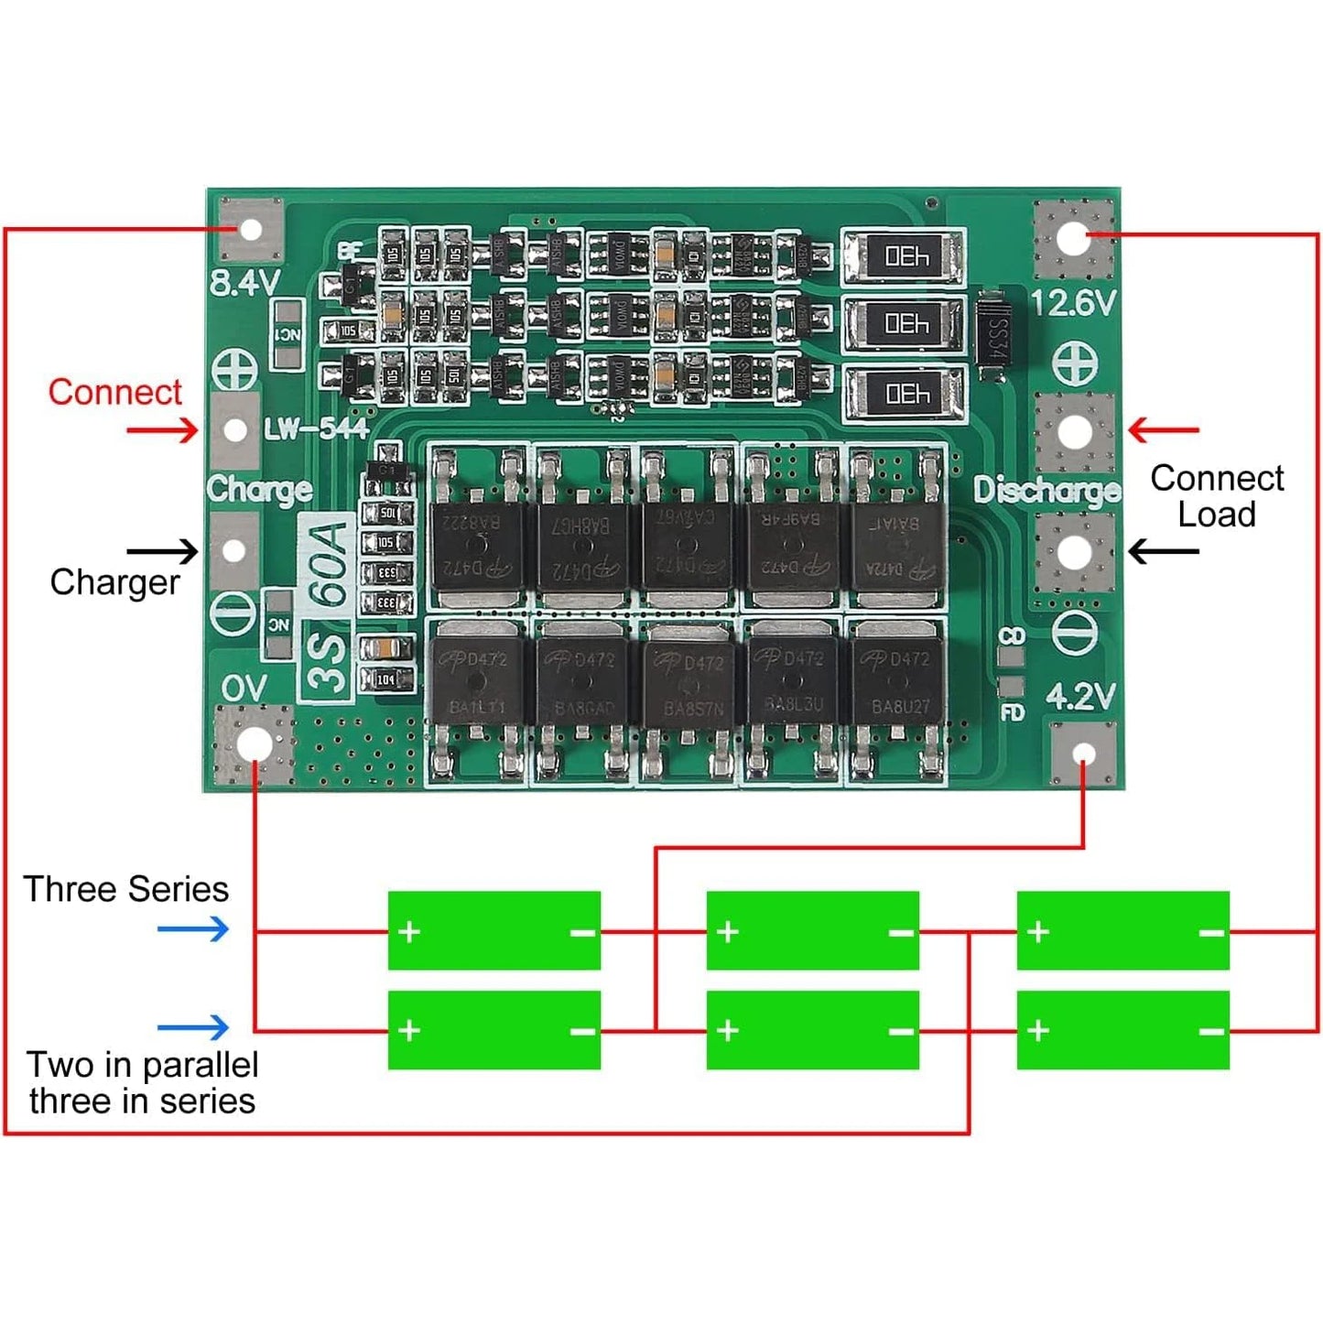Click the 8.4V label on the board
click(244, 283)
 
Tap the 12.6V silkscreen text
click(1074, 303)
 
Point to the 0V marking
click(244, 688)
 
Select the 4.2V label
click(1080, 697)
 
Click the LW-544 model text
click(316, 428)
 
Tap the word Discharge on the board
click(1046, 491)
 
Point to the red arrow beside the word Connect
click(162, 429)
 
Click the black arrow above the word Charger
click(162, 551)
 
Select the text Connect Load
click(1216, 496)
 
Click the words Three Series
click(126, 889)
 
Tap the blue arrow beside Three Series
click(192, 930)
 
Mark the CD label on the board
click(1012, 635)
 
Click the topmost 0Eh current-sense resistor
click(904, 257)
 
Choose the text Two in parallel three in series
click(142, 1082)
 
